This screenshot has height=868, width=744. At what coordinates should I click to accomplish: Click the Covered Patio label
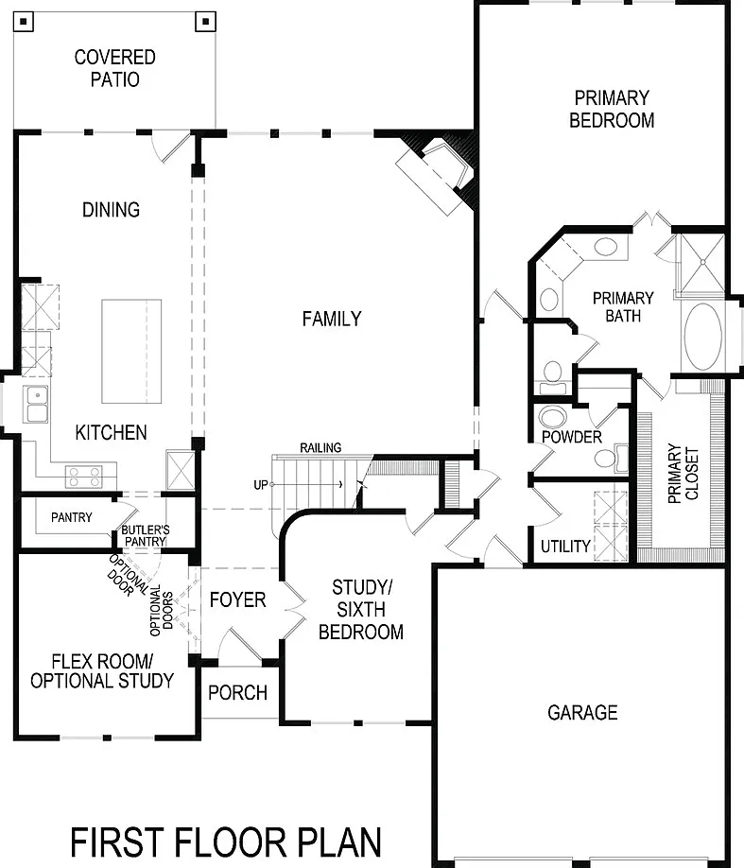pos(114,68)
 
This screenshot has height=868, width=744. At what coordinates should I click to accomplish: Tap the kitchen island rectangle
pos(131,352)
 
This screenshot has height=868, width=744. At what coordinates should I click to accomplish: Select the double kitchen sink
pos(36,404)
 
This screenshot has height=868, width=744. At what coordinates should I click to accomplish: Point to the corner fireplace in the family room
pos(436,176)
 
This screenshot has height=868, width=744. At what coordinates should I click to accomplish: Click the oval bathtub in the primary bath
pos(703,336)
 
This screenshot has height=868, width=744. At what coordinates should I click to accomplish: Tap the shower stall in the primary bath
pos(701,264)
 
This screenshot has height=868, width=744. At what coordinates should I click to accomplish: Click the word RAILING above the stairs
pos(320,447)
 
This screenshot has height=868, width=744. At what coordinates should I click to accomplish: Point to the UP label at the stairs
pos(261,485)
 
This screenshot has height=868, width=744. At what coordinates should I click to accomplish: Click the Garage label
pos(582,712)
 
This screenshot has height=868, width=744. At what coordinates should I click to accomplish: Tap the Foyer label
pos(237,599)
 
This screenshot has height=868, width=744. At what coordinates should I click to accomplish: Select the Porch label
pos(237,692)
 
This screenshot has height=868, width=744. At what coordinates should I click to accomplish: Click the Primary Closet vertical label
pos(683,474)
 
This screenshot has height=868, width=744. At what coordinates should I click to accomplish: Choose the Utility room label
pos(565,547)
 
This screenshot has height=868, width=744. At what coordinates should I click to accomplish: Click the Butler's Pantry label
pos(146,535)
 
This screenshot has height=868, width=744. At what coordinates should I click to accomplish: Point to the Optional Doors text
pos(162,611)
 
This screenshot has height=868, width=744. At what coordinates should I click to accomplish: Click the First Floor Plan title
pos(226,842)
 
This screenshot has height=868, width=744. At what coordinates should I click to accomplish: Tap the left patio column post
pos(24,22)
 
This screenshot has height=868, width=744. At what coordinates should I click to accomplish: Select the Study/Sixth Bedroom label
pos(361,610)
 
